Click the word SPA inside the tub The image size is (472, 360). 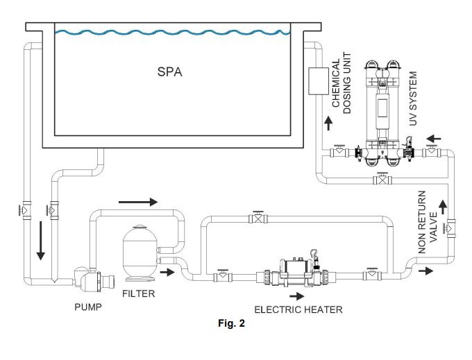169,72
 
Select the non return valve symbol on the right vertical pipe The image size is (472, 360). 451,226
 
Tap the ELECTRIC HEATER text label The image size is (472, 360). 298,310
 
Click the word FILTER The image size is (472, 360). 139,293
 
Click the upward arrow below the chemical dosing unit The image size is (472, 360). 328,123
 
